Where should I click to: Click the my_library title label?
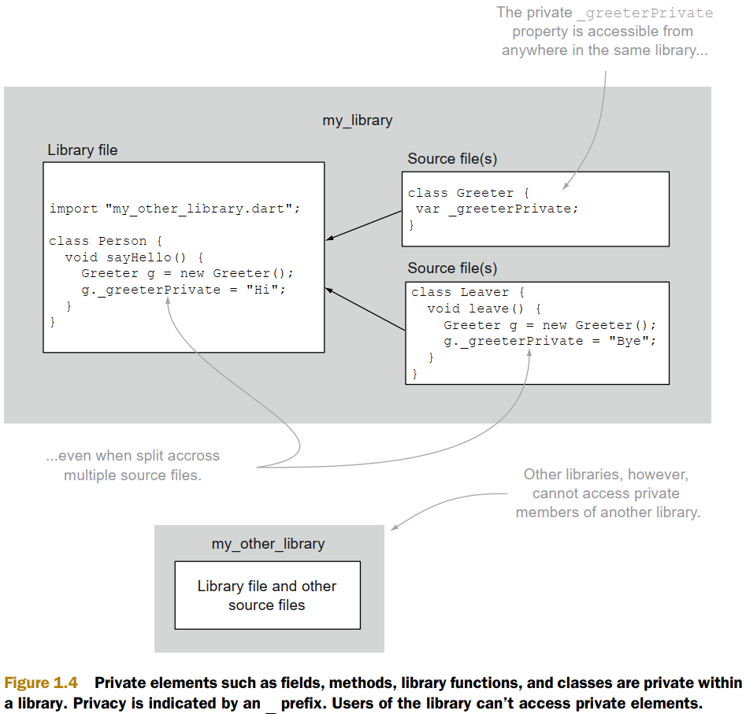[x=357, y=120]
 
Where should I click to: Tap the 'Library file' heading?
[x=83, y=150]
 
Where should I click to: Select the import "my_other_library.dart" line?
[x=175, y=209]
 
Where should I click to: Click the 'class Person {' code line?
[x=106, y=241]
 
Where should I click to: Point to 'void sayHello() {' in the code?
[x=135, y=257]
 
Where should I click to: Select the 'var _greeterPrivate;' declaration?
[x=497, y=209]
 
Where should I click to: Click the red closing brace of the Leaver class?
[x=414, y=374]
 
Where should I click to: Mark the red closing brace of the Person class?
[x=53, y=322]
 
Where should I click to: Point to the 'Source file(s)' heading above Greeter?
[x=452, y=159]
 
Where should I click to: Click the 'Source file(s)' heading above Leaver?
[x=452, y=268]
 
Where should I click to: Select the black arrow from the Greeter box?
[x=364, y=225]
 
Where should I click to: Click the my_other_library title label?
[x=268, y=544]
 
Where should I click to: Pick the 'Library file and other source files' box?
[x=267, y=595]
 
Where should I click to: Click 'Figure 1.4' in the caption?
[x=46, y=683]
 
